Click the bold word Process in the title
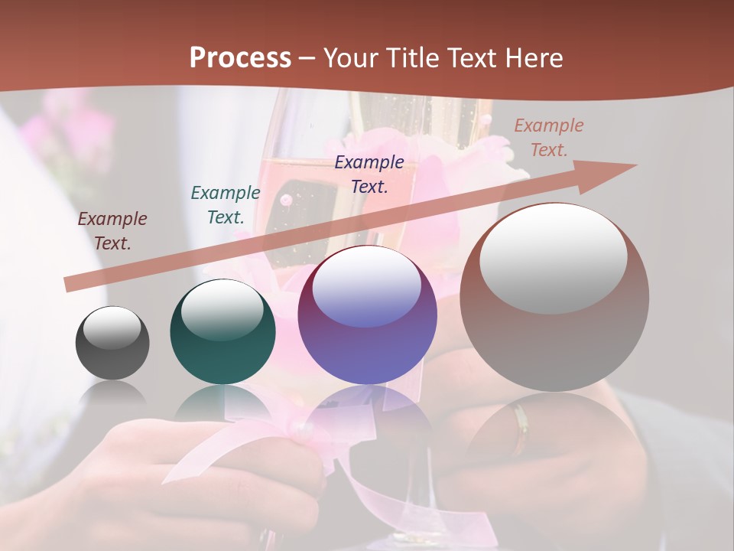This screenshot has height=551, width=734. tap(240, 58)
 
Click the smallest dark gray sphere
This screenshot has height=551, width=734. tap(112, 343)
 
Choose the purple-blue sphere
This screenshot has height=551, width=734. tap(367, 315)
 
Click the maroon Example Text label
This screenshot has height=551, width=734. tap(112, 231)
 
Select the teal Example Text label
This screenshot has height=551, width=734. tap(226, 205)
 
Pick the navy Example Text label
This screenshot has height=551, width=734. tap(369, 174)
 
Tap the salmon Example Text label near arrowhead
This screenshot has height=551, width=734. tap(549, 138)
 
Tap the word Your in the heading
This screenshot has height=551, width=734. tap(350, 58)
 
